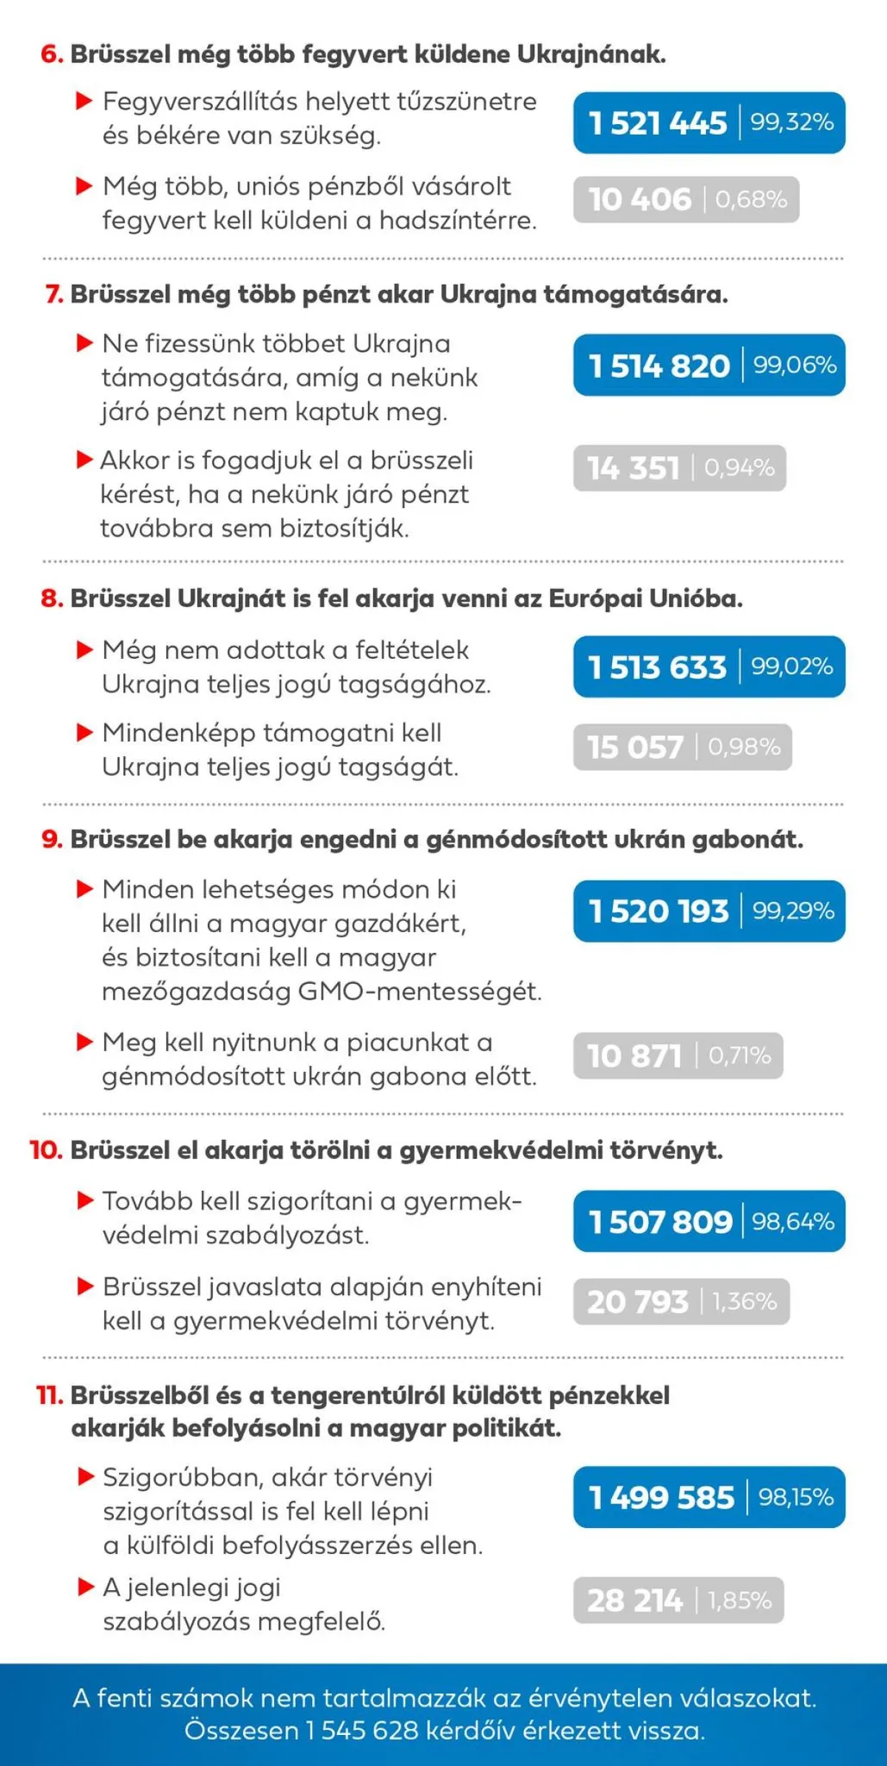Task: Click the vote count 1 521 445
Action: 658,123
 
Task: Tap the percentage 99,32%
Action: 791,122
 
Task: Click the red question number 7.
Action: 54,295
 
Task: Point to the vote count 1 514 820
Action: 659,366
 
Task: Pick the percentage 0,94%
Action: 739,468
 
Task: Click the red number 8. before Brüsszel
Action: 53,598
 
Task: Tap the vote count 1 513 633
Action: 658,667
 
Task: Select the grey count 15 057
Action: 635,748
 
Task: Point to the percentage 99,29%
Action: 793,911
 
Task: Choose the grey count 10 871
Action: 634,1056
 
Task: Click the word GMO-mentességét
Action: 419,992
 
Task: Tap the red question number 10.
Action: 46,1150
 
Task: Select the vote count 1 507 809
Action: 660,1222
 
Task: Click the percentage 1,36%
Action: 744,1301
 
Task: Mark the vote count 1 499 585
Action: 661,1498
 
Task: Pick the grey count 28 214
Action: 634,1601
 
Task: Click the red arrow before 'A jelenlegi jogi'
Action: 85,1587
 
